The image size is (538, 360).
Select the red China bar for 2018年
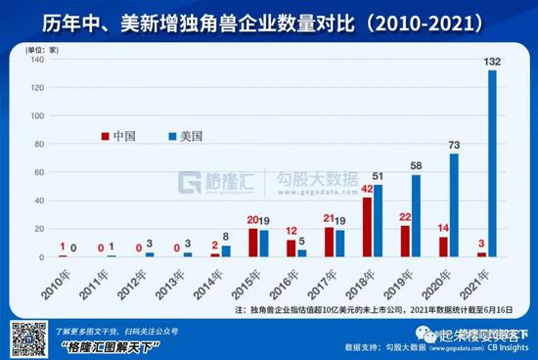point(367,227)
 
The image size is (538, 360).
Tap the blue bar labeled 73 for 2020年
point(454,204)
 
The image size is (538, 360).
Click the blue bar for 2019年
point(417,215)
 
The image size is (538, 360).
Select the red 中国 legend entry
point(120,135)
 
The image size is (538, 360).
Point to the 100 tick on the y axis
point(38,115)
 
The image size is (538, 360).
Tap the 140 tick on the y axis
point(38,60)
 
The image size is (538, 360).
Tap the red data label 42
point(367,189)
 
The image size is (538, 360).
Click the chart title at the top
point(268,20)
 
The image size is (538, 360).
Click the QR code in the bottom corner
point(22,336)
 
